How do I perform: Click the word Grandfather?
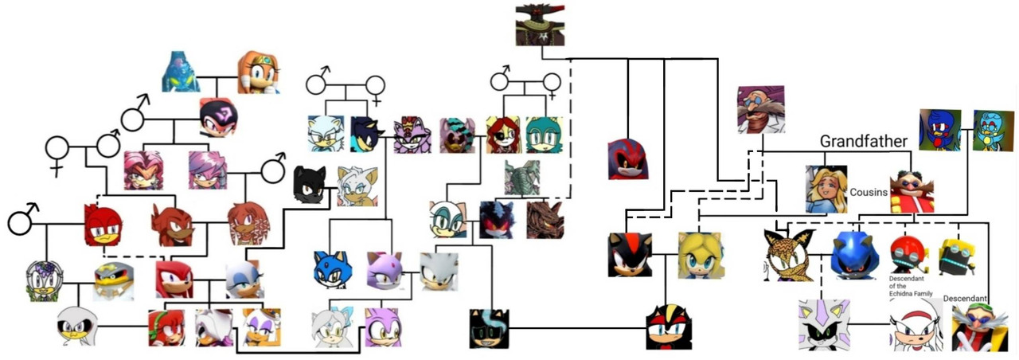(x=864, y=142)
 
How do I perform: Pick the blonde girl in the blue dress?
(x=826, y=189)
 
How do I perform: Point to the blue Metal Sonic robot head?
(x=854, y=253)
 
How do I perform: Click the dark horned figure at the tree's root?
(x=540, y=23)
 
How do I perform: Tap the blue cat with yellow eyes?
(x=333, y=269)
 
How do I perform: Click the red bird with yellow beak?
(x=103, y=225)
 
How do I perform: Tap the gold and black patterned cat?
(x=788, y=255)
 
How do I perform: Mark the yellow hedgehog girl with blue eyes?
(x=700, y=255)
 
